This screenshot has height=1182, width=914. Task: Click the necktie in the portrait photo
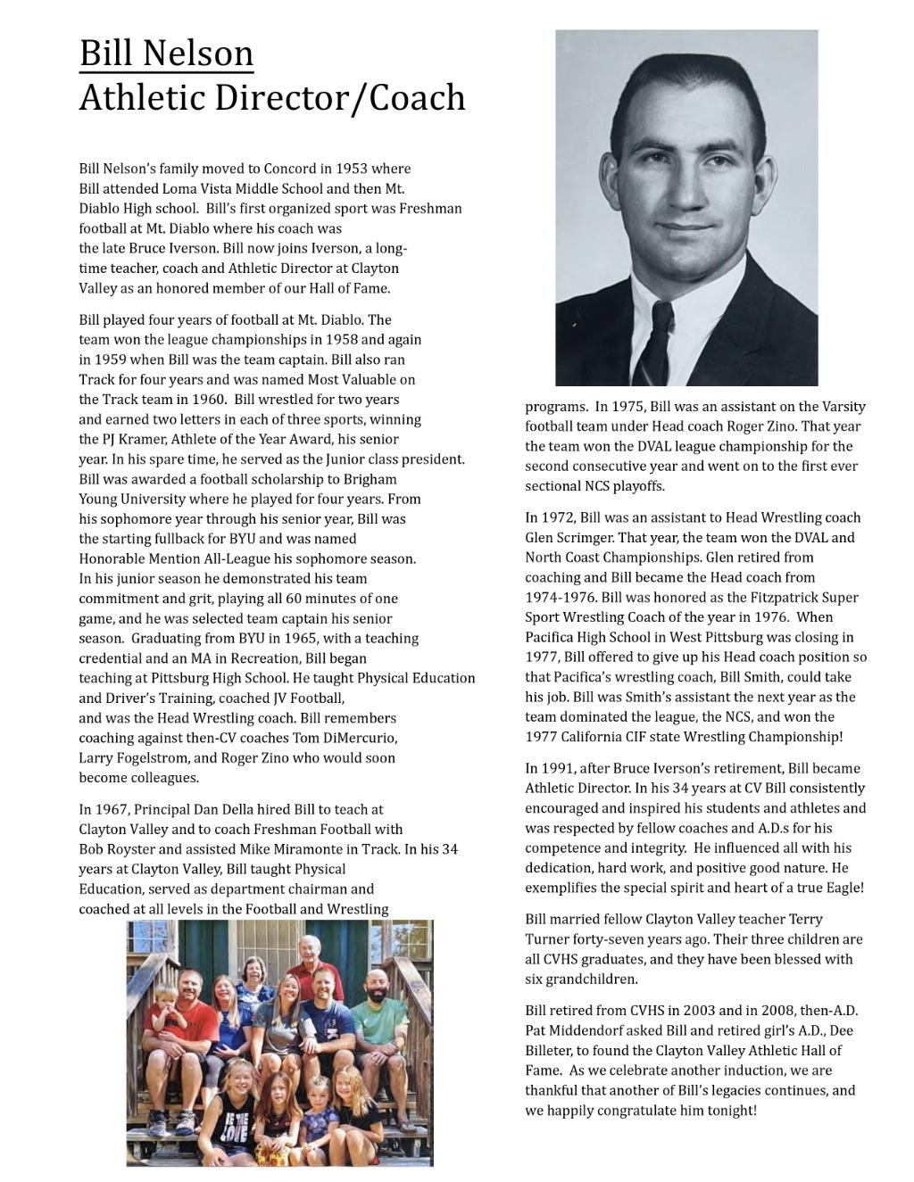pyautogui.click(x=661, y=340)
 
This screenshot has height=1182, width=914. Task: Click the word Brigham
pyautogui.click(x=370, y=479)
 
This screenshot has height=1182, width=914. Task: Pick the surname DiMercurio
pyautogui.click(x=353, y=738)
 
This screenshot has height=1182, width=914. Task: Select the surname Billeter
pyautogui.click(x=550, y=1051)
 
